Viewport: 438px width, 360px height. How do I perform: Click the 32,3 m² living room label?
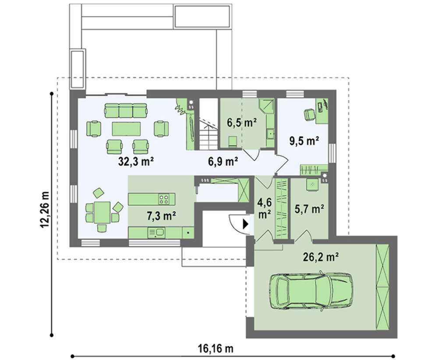tap(136, 162)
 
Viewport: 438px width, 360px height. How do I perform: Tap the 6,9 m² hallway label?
tap(223, 162)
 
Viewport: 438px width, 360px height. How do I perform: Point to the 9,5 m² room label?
tap(304, 141)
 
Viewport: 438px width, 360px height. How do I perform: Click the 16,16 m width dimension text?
tap(215, 349)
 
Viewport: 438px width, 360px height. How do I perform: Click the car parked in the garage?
tap(311, 291)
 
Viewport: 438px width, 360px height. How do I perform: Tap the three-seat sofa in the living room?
tap(126, 111)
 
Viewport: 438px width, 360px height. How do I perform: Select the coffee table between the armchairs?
tap(126, 129)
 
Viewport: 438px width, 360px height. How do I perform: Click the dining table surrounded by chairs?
tap(102, 212)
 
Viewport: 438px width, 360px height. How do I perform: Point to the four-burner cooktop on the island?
tap(164, 199)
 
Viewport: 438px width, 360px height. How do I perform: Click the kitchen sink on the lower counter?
tap(156, 233)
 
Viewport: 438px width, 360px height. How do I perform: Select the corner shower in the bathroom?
tap(267, 106)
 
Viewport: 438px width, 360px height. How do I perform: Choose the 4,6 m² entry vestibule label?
tap(264, 208)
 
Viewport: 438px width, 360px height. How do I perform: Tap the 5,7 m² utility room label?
tap(309, 209)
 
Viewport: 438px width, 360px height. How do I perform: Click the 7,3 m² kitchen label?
tap(161, 215)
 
